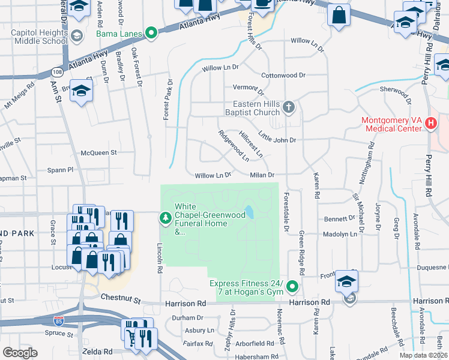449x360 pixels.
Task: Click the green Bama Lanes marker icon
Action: [152, 32]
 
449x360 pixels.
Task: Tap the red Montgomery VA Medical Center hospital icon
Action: [430, 123]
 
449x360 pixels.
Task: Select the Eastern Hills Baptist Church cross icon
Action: [289, 107]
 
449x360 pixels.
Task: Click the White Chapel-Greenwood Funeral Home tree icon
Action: [165, 218]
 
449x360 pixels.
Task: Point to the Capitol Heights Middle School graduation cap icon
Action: [76, 35]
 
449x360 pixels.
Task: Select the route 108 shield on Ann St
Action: [57, 72]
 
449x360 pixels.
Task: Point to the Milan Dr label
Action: [262, 175]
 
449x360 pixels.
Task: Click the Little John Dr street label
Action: [277, 140]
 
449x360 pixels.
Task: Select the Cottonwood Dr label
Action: [283, 76]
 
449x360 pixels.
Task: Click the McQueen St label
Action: [98, 153]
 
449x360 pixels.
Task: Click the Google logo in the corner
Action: [19, 352]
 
